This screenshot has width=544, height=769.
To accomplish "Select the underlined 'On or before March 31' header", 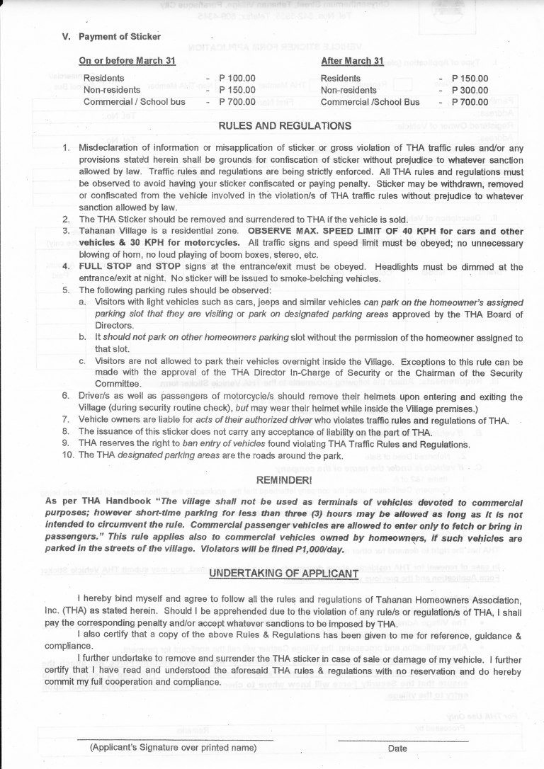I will tap(127, 62).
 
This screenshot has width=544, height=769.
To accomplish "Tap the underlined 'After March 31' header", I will tap(352, 62).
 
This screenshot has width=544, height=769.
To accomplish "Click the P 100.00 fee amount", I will tap(237, 79).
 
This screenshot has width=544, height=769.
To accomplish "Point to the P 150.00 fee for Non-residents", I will tap(237, 90).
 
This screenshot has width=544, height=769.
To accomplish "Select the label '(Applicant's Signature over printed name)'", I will tap(173, 748).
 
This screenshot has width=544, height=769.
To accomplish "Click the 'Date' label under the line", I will tap(397, 748).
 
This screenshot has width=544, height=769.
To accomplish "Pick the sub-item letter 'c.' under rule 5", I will tap(83, 362).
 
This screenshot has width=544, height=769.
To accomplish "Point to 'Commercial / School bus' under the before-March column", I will tap(135, 101).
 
